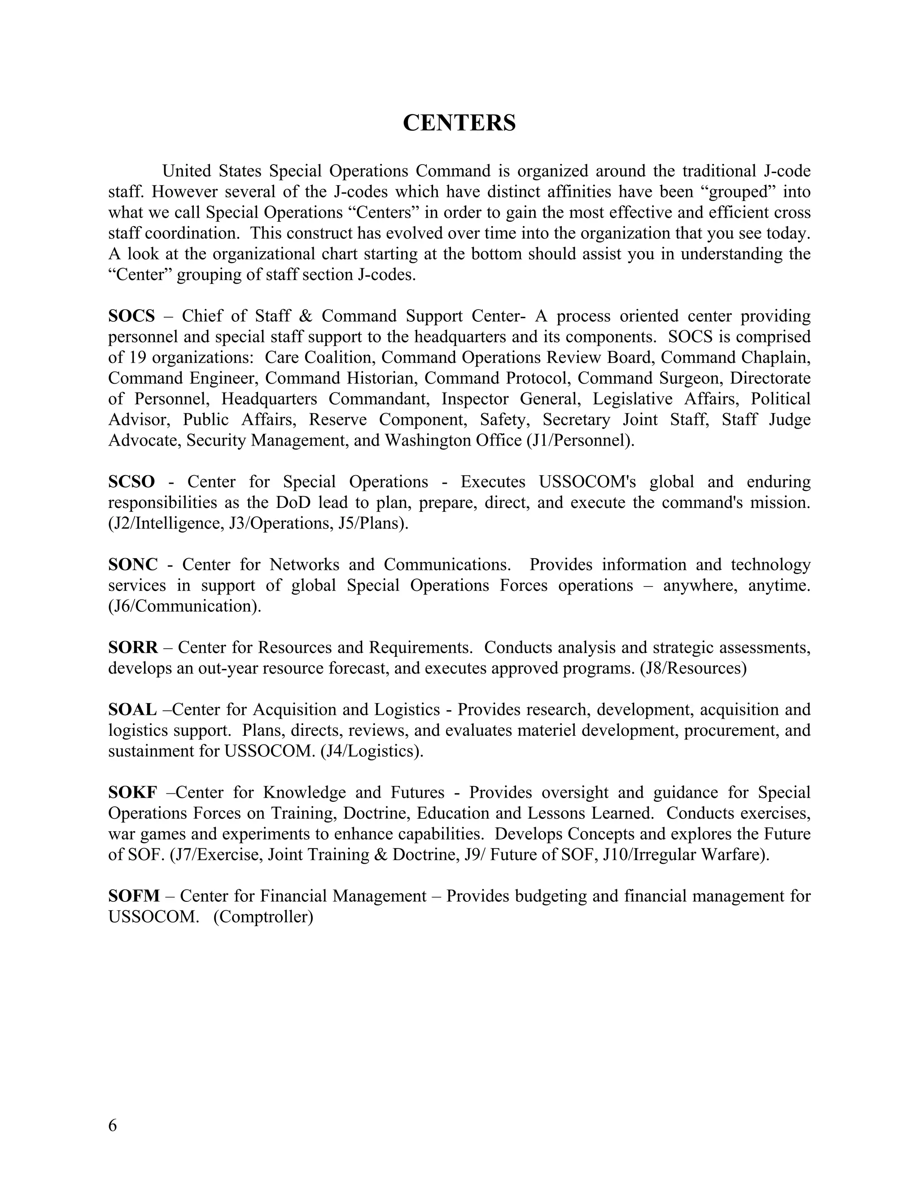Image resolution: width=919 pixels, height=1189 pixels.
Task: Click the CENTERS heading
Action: [x=459, y=123]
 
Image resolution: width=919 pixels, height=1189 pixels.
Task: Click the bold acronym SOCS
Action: [x=131, y=316]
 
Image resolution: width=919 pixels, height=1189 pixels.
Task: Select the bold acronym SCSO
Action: [x=131, y=482]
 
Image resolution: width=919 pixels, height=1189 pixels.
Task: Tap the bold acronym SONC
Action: [x=133, y=564]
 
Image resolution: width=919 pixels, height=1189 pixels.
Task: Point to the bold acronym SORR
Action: [x=133, y=647]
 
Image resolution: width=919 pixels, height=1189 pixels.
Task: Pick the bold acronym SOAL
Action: [x=132, y=709]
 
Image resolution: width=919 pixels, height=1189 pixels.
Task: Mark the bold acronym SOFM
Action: [x=134, y=896]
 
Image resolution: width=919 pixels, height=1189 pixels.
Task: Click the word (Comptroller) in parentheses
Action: [x=263, y=917]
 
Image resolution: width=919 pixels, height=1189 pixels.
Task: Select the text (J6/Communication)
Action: [x=184, y=606]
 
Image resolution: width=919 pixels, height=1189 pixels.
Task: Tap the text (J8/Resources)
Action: [x=693, y=668]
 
